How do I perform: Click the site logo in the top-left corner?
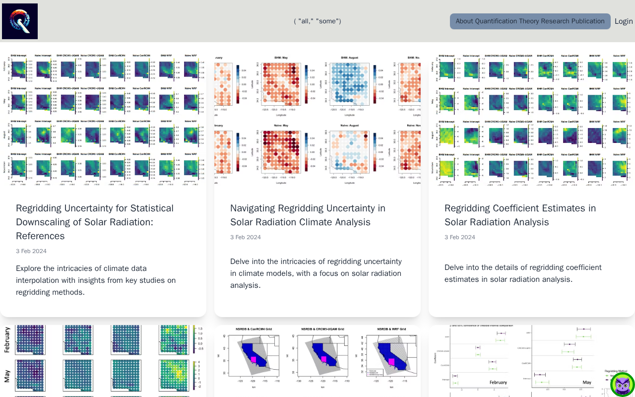(x=20, y=21)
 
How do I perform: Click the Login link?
(x=624, y=21)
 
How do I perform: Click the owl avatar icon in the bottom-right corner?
(x=622, y=385)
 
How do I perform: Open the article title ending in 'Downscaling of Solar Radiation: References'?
(x=95, y=222)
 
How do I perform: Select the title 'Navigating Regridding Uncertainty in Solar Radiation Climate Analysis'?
(x=308, y=215)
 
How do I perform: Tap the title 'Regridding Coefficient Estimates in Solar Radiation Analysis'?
(x=520, y=215)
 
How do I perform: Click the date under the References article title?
(x=31, y=251)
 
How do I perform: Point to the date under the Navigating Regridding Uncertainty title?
(x=246, y=237)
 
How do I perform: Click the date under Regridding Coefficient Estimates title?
(x=460, y=237)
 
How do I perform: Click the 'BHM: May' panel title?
(x=281, y=58)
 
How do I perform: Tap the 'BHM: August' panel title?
(x=350, y=58)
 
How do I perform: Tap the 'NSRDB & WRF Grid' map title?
(x=392, y=329)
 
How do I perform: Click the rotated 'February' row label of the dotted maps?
(x=7, y=340)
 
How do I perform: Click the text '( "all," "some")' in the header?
(x=317, y=21)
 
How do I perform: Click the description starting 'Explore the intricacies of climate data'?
(x=96, y=280)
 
